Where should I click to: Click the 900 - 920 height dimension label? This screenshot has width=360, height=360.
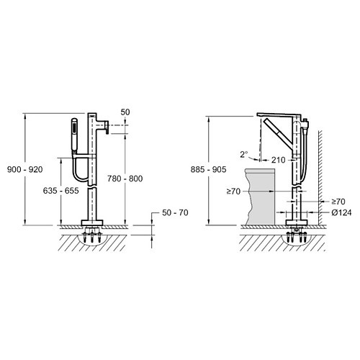click(25, 169)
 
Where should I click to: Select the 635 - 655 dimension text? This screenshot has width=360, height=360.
click(61, 191)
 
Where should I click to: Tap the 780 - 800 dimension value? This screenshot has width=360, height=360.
click(125, 179)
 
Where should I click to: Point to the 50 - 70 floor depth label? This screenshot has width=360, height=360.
click(175, 212)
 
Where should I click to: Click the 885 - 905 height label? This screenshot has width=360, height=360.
click(208, 169)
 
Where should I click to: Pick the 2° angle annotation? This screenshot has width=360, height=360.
click(244, 154)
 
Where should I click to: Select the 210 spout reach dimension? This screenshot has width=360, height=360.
click(279, 160)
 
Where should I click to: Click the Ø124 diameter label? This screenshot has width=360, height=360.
click(342, 212)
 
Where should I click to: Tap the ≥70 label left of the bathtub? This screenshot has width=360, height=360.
click(233, 192)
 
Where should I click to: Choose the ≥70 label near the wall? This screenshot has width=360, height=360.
click(338, 202)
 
